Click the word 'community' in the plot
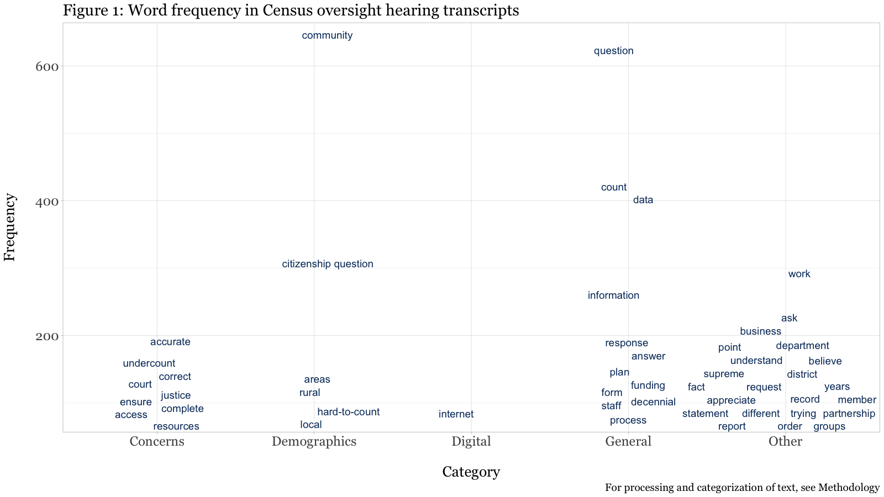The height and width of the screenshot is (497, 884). click(x=327, y=36)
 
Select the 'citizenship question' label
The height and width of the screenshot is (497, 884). click(x=328, y=265)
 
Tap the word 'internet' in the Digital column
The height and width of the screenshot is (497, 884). click(x=456, y=415)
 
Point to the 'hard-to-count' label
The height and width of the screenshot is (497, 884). click(x=348, y=413)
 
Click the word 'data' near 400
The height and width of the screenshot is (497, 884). click(x=643, y=200)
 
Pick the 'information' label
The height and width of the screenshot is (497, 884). click(x=613, y=296)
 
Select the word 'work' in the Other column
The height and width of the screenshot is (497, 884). click(x=799, y=274)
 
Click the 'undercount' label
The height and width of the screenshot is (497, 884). click(x=149, y=364)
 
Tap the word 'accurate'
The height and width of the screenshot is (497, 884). click(x=170, y=342)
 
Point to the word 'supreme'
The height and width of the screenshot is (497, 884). click(x=724, y=374)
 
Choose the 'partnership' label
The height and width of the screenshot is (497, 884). click(x=849, y=414)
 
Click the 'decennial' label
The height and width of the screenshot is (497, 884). click(x=653, y=403)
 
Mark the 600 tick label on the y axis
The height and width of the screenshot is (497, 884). click(x=48, y=67)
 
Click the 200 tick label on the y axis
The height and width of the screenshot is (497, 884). click(x=48, y=336)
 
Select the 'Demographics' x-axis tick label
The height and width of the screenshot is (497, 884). click(x=314, y=442)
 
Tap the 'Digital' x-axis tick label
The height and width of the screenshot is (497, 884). click(x=471, y=442)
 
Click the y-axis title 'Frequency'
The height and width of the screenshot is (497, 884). click(x=10, y=227)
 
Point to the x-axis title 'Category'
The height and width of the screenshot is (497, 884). click(x=471, y=472)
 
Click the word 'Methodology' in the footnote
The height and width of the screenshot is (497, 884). click(x=849, y=488)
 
